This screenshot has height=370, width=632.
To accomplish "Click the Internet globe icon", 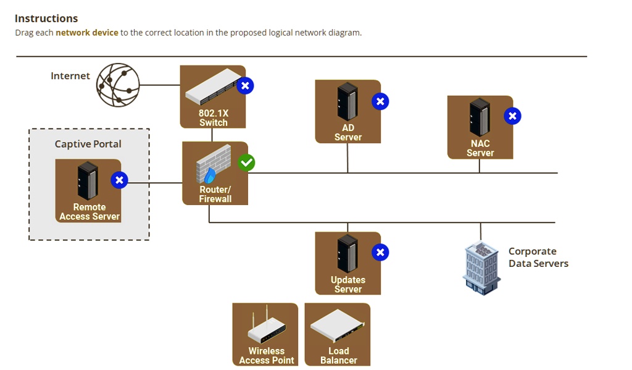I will pyautogui.click(x=118, y=85).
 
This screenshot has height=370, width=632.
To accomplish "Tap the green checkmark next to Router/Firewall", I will pyautogui.click(x=246, y=162).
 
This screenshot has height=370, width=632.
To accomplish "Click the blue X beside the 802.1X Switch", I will pyautogui.click(x=246, y=86).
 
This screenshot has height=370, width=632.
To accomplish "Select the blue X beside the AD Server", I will pyautogui.click(x=380, y=101).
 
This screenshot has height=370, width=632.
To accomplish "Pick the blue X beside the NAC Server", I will pyautogui.click(x=512, y=116).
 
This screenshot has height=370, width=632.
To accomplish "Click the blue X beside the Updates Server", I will pyautogui.click(x=380, y=252).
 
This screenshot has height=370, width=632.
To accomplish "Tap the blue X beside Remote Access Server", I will pyautogui.click(x=119, y=180).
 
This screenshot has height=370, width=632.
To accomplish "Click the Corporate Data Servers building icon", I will pyautogui.click(x=481, y=267).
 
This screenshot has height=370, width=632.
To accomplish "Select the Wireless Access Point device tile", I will pyautogui.click(x=266, y=334).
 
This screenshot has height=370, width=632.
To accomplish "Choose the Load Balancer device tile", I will pyautogui.click(x=338, y=334).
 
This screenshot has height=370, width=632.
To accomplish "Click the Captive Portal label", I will pyautogui.click(x=88, y=144).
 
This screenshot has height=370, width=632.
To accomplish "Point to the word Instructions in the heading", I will pyautogui.click(x=46, y=19).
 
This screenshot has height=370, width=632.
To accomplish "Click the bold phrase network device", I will pyautogui.click(x=87, y=33).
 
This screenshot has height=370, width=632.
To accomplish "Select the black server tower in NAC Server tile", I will pyautogui.click(x=480, y=117).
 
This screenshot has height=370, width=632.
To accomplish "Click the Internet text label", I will pyautogui.click(x=70, y=76).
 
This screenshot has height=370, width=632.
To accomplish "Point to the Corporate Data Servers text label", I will pyautogui.click(x=538, y=258).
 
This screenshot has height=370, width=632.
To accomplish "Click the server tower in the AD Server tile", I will pyautogui.click(x=347, y=102).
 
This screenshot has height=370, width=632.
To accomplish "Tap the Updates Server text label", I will pyautogui.click(x=348, y=285).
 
